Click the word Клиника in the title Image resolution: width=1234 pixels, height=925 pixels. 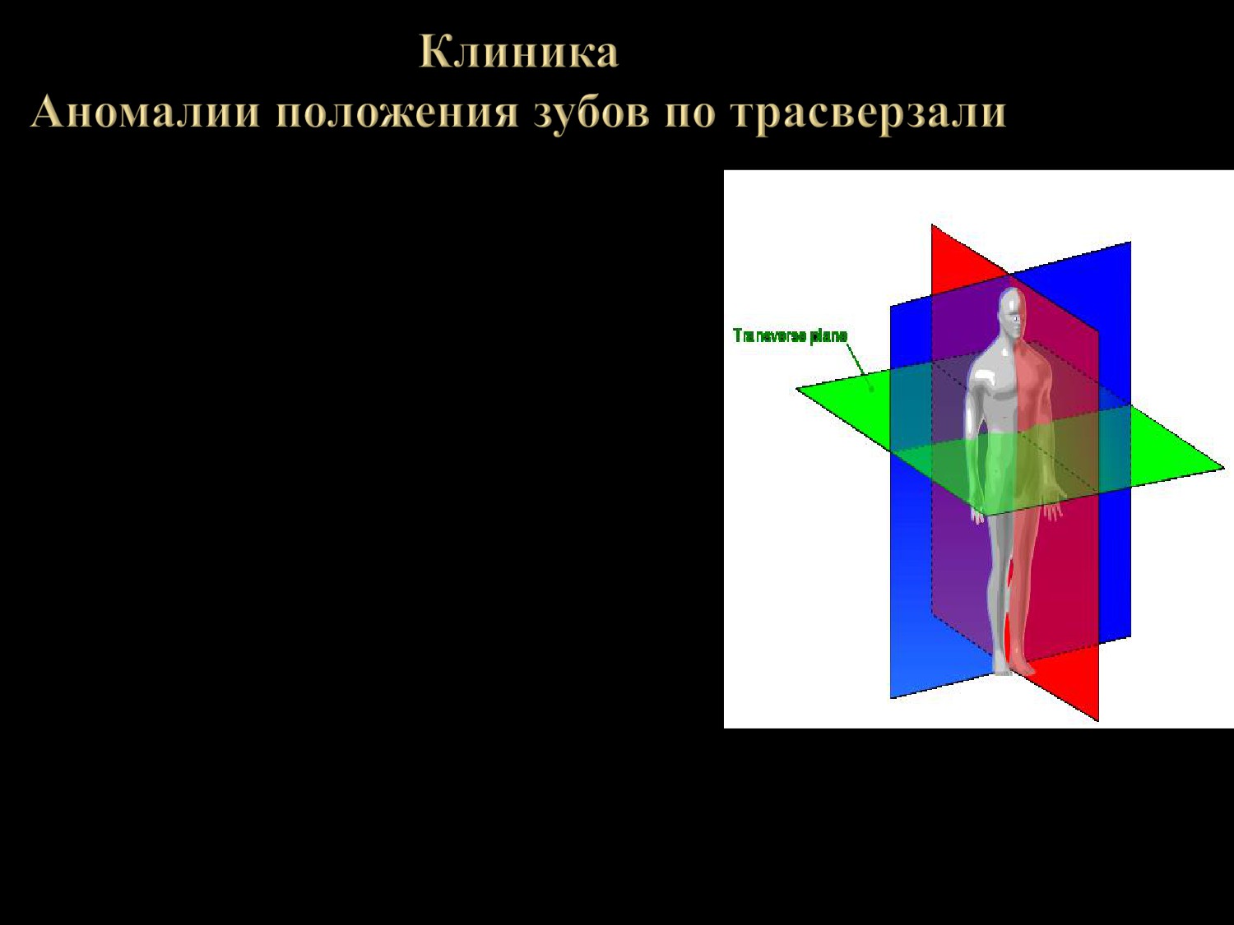pyautogui.click(x=518, y=52)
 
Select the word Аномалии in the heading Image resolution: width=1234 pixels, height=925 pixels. pyautogui.click(x=145, y=111)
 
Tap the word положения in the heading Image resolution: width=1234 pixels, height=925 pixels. pyautogui.click(x=397, y=113)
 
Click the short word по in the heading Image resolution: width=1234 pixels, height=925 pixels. pyautogui.click(x=690, y=113)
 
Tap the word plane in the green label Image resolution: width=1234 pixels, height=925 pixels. pyautogui.click(x=828, y=335)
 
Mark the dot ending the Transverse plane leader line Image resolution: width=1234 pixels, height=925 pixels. pyautogui.click(x=872, y=389)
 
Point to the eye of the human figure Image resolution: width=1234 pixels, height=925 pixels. pyautogui.click(x=1016, y=319)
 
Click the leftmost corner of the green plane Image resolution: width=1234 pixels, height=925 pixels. pyautogui.click(x=796, y=389)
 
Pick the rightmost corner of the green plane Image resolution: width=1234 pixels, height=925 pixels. pyautogui.click(x=1223, y=467)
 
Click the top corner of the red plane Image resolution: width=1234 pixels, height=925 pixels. pyautogui.click(x=932, y=225)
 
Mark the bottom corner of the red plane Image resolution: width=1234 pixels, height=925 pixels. pyautogui.click(x=1098, y=720)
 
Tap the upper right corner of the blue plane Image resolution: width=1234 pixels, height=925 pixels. pyautogui.click(x=1130, y=242)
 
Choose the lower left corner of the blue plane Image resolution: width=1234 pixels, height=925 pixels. pyautogui.click(x=890, y=698)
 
